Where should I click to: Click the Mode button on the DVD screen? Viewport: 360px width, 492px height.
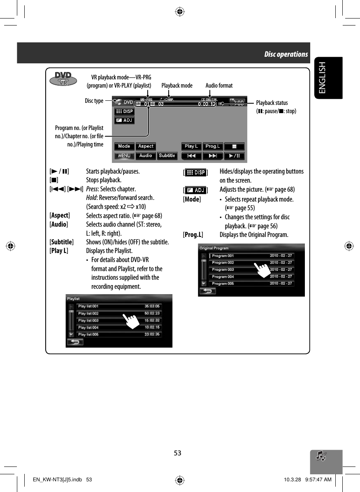124,146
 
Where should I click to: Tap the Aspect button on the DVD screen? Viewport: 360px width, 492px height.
146,146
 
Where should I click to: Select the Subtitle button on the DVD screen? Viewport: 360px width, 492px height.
167,156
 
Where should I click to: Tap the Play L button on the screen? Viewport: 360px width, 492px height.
191,146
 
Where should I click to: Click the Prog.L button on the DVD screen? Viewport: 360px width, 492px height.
213,146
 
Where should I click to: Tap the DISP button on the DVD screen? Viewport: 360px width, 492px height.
124,111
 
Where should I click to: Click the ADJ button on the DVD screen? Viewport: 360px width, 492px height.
124,120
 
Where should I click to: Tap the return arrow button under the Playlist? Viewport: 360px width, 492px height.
75,342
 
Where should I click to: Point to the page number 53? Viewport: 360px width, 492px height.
177,453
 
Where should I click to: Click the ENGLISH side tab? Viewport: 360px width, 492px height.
327,78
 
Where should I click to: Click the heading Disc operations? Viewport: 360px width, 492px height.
286,54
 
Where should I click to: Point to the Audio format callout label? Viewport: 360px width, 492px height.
219,86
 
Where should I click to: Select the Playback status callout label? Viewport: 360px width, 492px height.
272,103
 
